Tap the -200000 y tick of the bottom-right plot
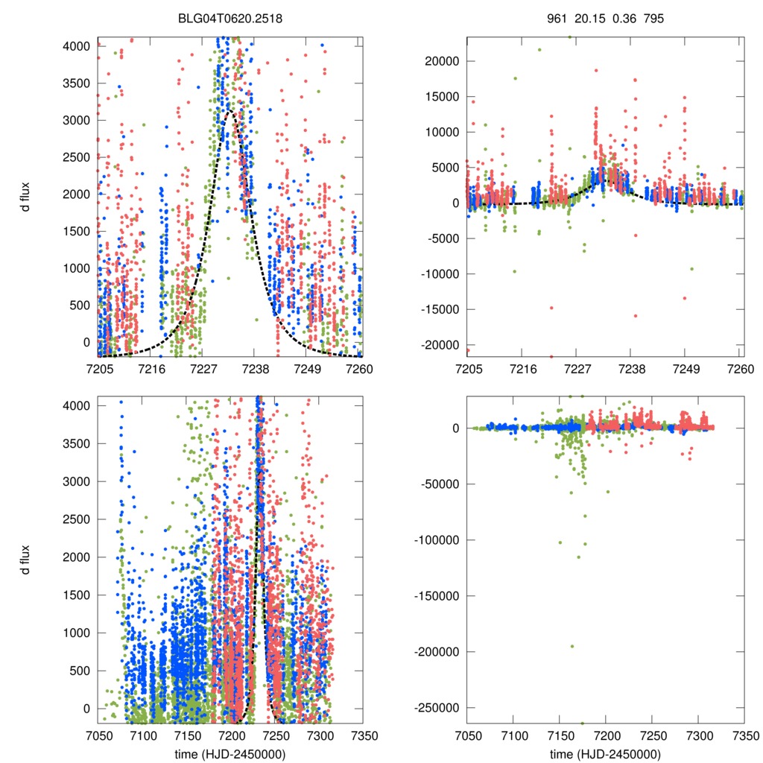click(x=439, y=652)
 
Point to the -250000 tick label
click(x=439, y=708)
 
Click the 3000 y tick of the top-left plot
click(x=77, y=120)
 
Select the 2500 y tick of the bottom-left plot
click(x=77, y=519)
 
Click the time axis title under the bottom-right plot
click(x=605, y=753)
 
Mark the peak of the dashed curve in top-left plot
click(x=231, y=111)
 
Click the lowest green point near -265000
click(x=582, y=723)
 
